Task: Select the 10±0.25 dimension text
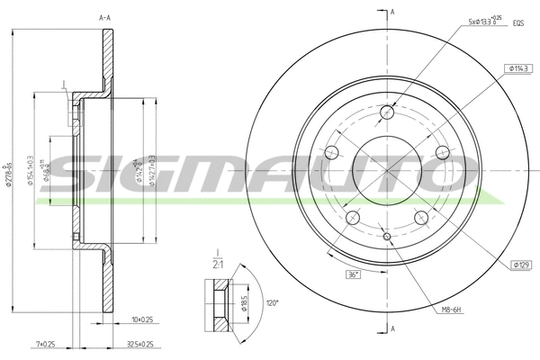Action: coord(141,319)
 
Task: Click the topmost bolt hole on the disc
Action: coord(388,112)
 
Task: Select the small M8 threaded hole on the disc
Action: coord(388,237)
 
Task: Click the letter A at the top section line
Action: coord(392,11)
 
